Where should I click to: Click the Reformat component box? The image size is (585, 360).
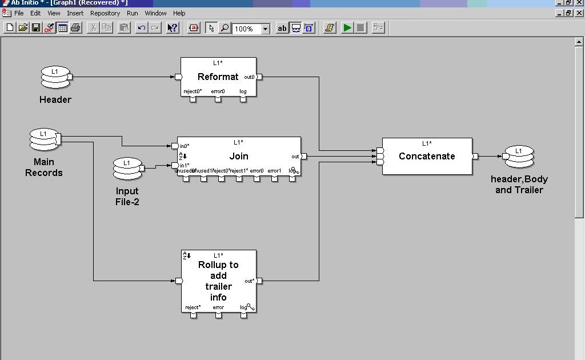coord(218,77)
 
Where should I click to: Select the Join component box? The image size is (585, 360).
coord(239,156)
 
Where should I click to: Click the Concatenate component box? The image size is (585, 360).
coord(427,156)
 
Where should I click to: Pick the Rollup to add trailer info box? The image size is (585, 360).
coord(218,281)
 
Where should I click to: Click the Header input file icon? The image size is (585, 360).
coord(55,77)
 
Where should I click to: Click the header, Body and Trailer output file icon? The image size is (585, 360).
coord(519,157)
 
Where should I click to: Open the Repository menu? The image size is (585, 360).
coord(105,13)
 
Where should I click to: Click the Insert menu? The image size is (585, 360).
coord(75,13)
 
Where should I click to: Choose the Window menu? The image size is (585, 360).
coord(155,13)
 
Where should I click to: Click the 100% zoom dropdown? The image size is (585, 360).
coord(251,29)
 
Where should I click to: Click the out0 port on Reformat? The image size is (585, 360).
coord(259,77)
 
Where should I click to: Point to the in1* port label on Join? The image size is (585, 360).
coord(185,166)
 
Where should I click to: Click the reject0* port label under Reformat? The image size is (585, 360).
coord(193,91)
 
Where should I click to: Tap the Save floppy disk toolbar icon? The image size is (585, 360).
coord(36,28)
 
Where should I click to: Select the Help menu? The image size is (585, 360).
coord(179,13)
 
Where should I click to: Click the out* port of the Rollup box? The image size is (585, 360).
coord(259,281)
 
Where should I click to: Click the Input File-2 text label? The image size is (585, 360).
coord(127,196)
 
